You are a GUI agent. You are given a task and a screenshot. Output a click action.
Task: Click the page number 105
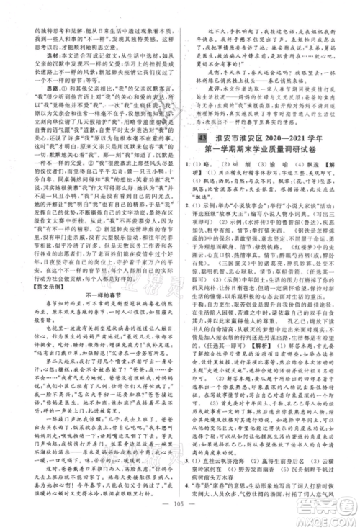(180, 516)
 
